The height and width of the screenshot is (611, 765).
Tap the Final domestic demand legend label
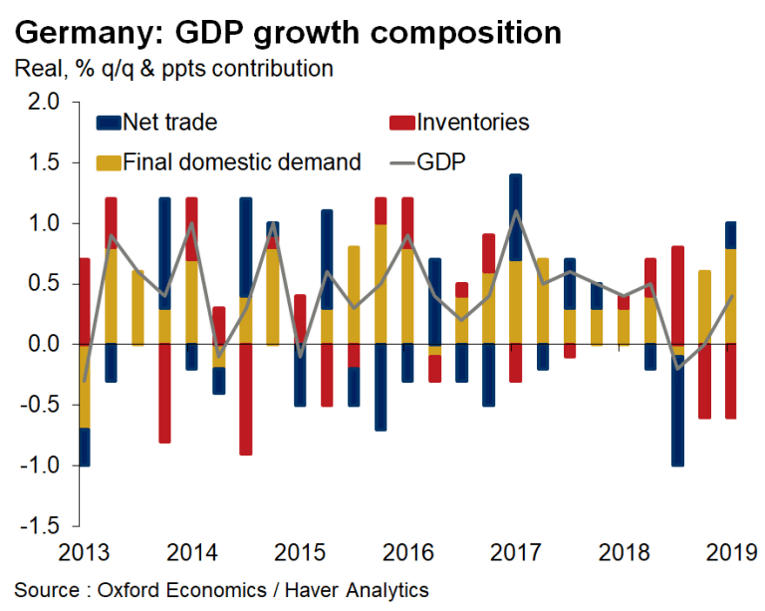[x=240, y=161]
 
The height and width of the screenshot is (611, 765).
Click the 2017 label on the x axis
[x=515, y=551]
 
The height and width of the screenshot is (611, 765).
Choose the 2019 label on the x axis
[x=726, y=551]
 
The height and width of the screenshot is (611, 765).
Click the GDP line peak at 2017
[x=515, y=211]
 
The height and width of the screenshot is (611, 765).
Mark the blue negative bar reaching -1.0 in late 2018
[x=677, y=410]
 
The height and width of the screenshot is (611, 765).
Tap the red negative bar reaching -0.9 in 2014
[x=245, y=399]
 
